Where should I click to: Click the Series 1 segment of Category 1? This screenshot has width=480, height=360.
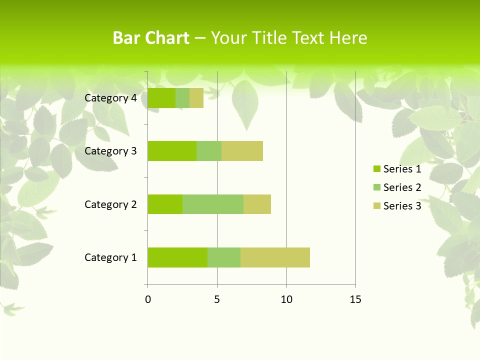coord(177,257)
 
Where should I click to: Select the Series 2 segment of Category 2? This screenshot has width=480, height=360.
coord(213,204)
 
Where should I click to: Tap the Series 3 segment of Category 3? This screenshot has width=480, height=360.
coord(242,151)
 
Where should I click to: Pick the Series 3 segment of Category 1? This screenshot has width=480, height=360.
coord(275,257)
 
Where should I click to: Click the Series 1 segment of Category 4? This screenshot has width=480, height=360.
coord(161,98)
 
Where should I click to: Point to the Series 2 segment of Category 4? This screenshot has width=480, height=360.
coord(182,98)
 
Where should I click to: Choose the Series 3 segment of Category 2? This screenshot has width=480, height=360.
coord(257,204)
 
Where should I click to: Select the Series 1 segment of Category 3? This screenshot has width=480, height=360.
coord(172,151)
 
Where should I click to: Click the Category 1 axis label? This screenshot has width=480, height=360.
coord(110,257)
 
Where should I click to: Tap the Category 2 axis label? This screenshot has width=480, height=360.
coord(110,204)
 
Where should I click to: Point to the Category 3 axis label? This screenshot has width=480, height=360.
coord(110,151)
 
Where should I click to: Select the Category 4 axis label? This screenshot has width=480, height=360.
coord(110,98)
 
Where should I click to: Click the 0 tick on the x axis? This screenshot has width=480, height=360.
coord(148,299)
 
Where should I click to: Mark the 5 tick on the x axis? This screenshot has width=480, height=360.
coord(217,299)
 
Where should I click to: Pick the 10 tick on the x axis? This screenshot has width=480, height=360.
coord(286,299)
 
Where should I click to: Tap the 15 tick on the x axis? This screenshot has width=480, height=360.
coord(355,299)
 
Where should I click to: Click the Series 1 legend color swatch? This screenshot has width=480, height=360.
coord(377,169)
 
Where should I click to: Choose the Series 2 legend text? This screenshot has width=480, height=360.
coord(402,187)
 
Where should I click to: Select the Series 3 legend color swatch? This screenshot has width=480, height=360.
coord(377,206)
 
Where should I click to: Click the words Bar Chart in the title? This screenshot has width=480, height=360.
coord(151,38)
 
